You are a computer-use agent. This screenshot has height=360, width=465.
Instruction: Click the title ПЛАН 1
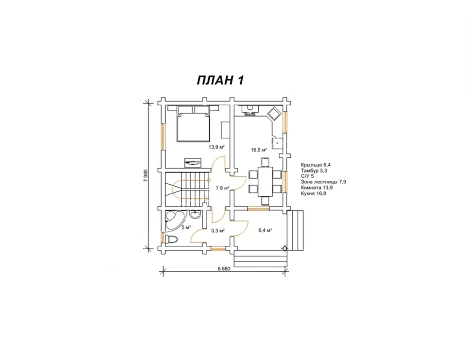click(220, 81)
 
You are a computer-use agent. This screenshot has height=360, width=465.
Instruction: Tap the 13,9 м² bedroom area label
click(216, 147)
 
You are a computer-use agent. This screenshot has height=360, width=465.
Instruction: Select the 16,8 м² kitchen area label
click(259, 150)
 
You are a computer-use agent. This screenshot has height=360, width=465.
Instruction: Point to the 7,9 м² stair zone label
click(223, 188)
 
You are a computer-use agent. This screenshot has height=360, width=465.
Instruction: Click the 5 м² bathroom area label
click(186, 227)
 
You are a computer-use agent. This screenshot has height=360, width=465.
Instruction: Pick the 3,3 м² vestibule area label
click(218, 230)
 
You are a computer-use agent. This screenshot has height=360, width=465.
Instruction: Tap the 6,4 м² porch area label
click(265, 230)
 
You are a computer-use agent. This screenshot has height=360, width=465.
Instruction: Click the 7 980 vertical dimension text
click(146, 176)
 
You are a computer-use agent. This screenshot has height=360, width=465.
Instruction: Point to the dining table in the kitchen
click(266, 182)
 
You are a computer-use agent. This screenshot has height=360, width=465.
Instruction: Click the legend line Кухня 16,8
click(314, 194)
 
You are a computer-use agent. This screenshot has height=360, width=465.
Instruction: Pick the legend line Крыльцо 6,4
click(316, 165)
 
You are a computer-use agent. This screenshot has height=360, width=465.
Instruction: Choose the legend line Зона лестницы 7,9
click(323, 182)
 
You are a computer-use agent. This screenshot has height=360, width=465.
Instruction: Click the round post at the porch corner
click(284, 248)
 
